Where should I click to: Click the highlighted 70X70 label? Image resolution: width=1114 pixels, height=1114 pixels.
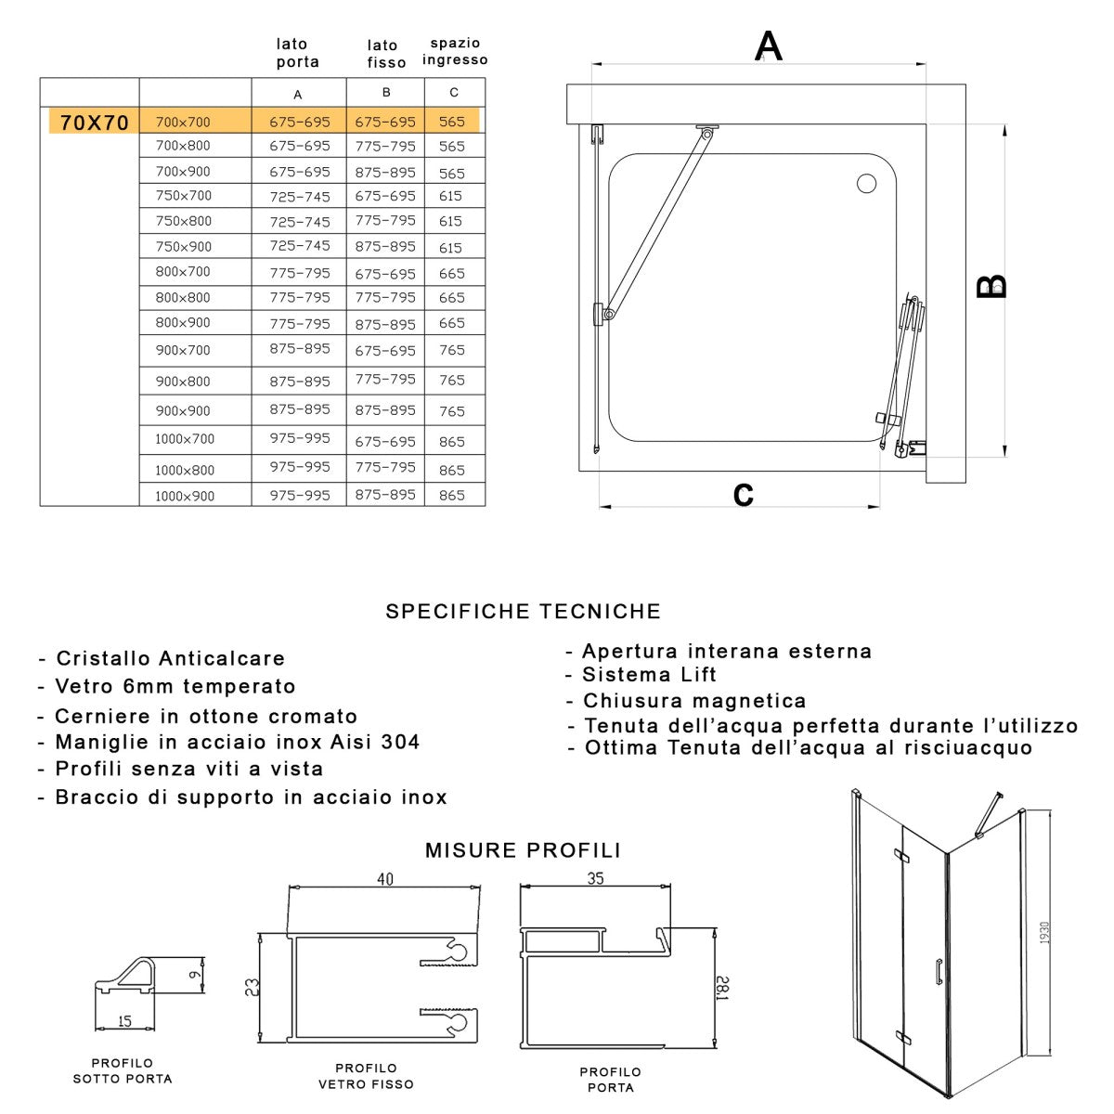coord(94,123)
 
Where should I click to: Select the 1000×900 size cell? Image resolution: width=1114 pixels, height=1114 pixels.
coord(185,496)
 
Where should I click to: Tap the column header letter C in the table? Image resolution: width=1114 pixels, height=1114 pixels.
coord(454,93)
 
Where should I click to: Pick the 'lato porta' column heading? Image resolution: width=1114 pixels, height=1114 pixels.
coord(297,53)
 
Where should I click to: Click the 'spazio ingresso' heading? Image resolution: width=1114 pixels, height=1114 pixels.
coord(455,51)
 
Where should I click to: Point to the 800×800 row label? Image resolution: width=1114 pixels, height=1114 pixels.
coord(183,297)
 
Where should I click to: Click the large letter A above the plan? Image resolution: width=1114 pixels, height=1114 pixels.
coord(769,45)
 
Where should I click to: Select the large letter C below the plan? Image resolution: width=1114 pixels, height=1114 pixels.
coord(743,495)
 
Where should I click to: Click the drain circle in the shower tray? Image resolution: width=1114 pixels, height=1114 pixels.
coord(866,184)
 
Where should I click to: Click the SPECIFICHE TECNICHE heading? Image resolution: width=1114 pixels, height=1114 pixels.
coord(524,611)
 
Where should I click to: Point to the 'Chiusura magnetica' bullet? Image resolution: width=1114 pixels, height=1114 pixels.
coord(693,701)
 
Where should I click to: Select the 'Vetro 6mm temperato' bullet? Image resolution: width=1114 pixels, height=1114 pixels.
coord(175,686)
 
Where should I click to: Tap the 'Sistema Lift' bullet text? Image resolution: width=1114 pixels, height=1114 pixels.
coord(649,675)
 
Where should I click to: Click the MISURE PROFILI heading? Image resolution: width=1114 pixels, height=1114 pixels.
coord(523,850)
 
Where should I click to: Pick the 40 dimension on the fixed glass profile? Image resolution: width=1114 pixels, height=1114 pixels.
coord(384,878)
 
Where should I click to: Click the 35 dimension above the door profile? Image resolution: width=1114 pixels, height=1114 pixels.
coord(595,877)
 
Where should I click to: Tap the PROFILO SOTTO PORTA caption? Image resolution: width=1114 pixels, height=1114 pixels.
coord(123,1070)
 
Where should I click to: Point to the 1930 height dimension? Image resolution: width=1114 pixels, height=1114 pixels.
coord(1044,933)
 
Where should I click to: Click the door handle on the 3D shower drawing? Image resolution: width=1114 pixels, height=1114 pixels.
coord(939,970)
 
